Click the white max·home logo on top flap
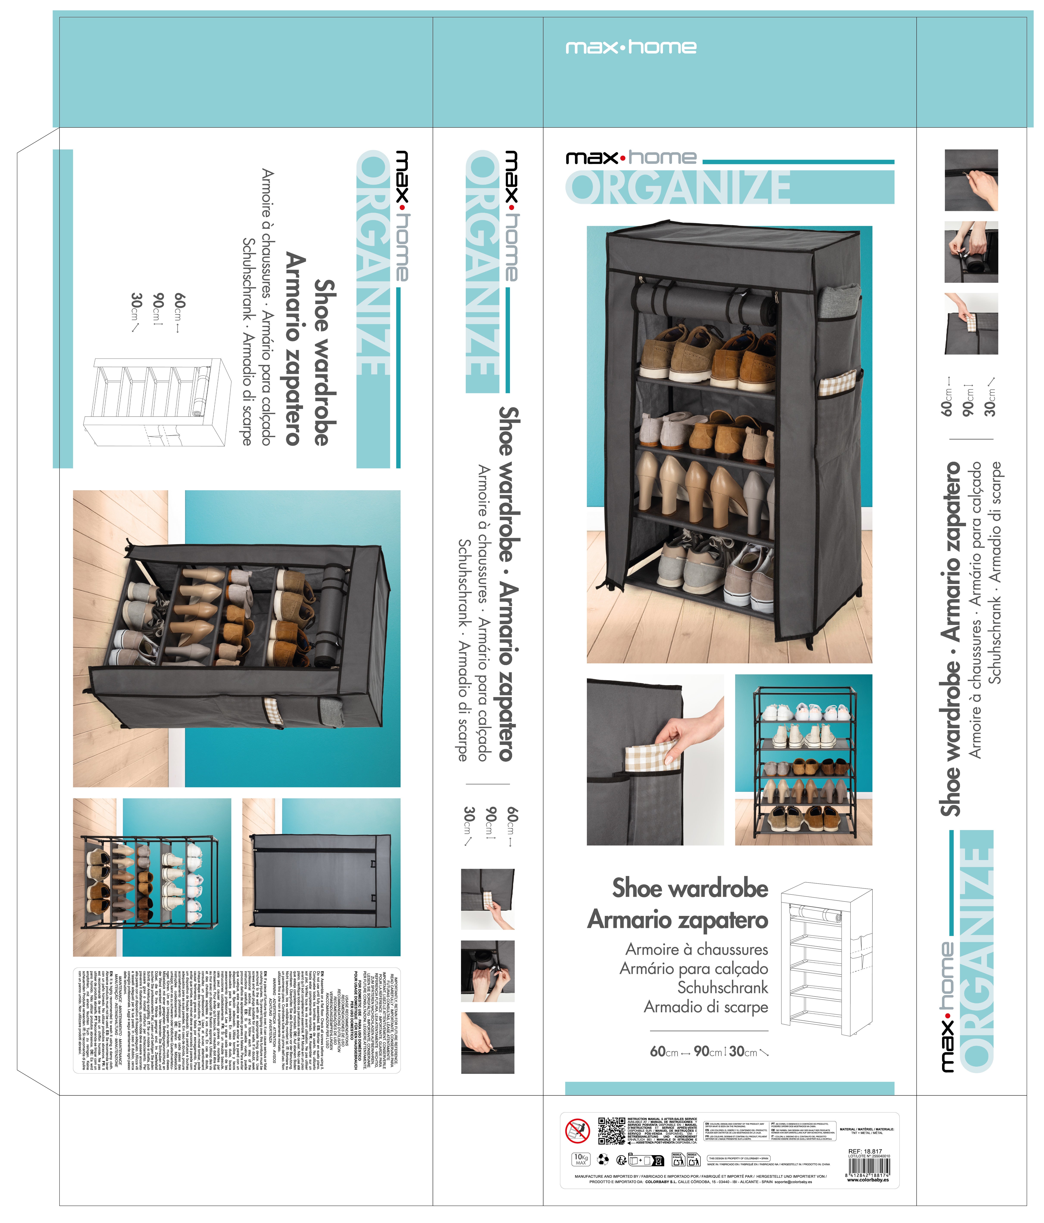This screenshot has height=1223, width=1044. point(631,47)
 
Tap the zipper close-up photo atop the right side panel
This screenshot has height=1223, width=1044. point(971,180)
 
